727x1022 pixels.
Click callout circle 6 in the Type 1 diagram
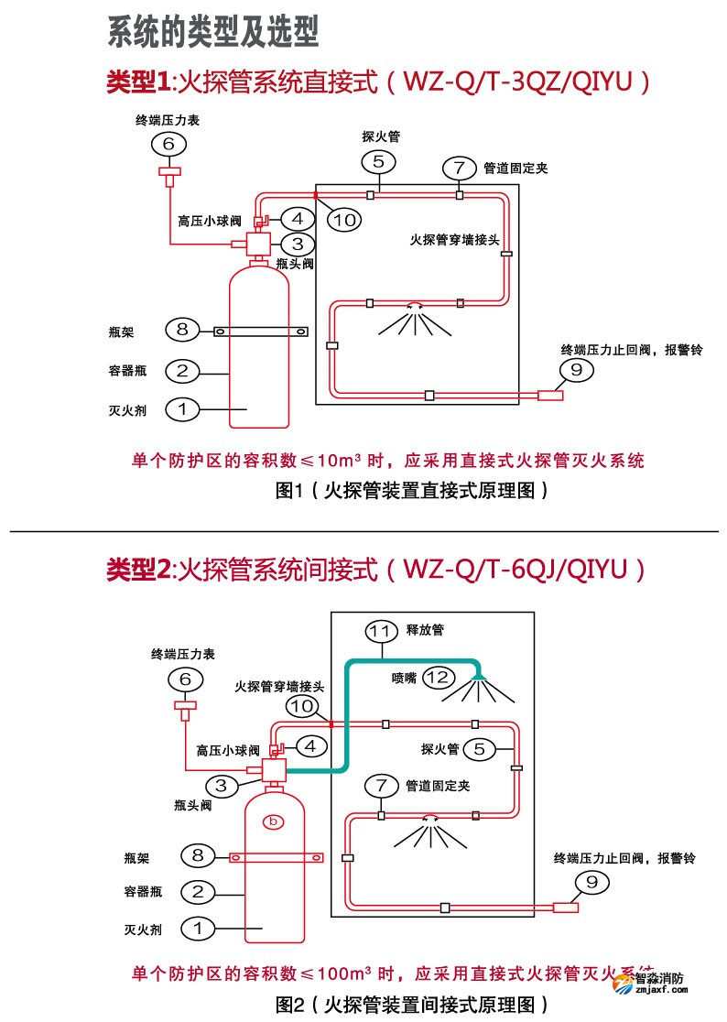168,144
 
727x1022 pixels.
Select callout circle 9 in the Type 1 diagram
576,370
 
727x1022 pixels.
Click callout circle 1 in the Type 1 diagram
182,409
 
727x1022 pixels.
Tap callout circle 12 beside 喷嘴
439,678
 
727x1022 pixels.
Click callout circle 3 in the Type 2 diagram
221,785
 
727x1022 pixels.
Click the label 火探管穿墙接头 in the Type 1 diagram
454,241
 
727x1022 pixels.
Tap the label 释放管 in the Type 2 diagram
425,631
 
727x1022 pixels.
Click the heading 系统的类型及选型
213,32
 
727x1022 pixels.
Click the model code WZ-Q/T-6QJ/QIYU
514,570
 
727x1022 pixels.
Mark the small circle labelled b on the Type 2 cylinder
273,821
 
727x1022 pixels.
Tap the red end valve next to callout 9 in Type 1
549,396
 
